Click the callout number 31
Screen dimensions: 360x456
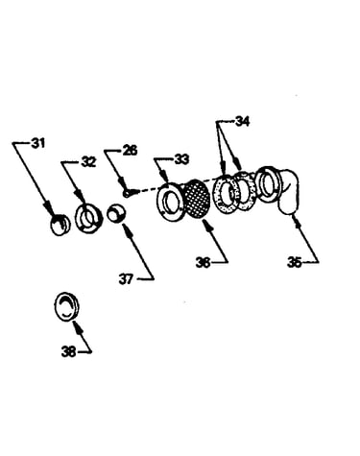[38, 143]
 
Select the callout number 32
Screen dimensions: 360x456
[88, 162]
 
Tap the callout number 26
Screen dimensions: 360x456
[130, 150]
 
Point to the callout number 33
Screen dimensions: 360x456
[181, 159]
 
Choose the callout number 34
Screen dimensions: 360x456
[242, 122]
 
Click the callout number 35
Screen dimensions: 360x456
[295, 262]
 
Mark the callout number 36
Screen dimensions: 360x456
[204, 263]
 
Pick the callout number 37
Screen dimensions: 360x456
[126, 279]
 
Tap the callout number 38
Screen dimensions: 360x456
[69, 352]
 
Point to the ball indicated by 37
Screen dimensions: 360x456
[116, 213]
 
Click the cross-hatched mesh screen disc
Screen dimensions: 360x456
[198, 199]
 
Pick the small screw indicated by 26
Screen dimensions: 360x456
[128, 193]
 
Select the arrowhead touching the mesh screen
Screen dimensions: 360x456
[208, 225]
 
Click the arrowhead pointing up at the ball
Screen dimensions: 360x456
[126, 228]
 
